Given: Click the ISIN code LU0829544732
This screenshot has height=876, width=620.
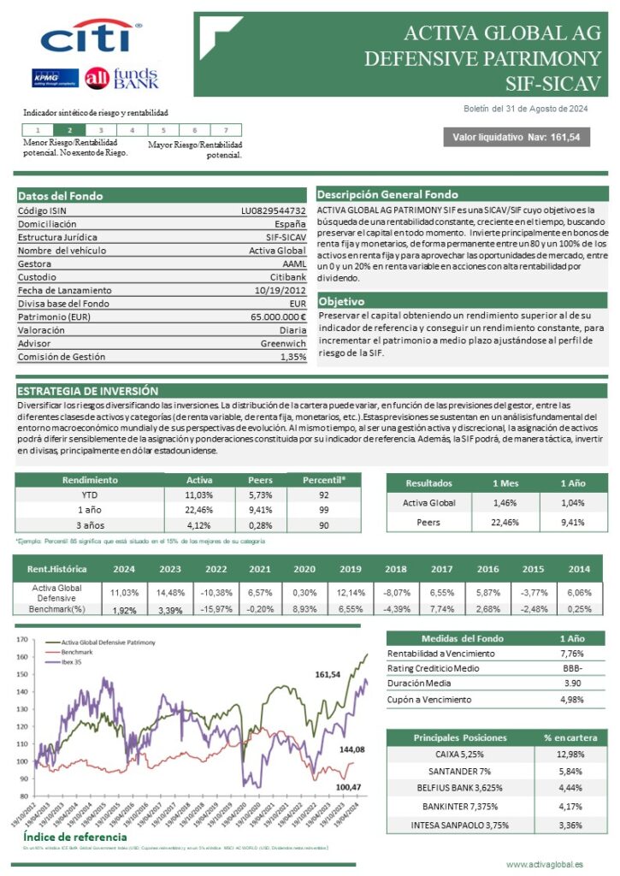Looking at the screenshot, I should click(273, 210).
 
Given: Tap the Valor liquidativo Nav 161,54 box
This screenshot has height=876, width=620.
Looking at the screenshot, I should click(516, 138).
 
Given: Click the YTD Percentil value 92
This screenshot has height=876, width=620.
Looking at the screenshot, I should click(324, 494).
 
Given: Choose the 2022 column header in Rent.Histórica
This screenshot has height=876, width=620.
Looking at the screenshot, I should click(216, 570).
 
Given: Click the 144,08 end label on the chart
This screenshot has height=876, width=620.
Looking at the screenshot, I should click(351, 749).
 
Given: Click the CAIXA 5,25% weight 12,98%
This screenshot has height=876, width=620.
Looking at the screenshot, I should click(571, 754).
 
